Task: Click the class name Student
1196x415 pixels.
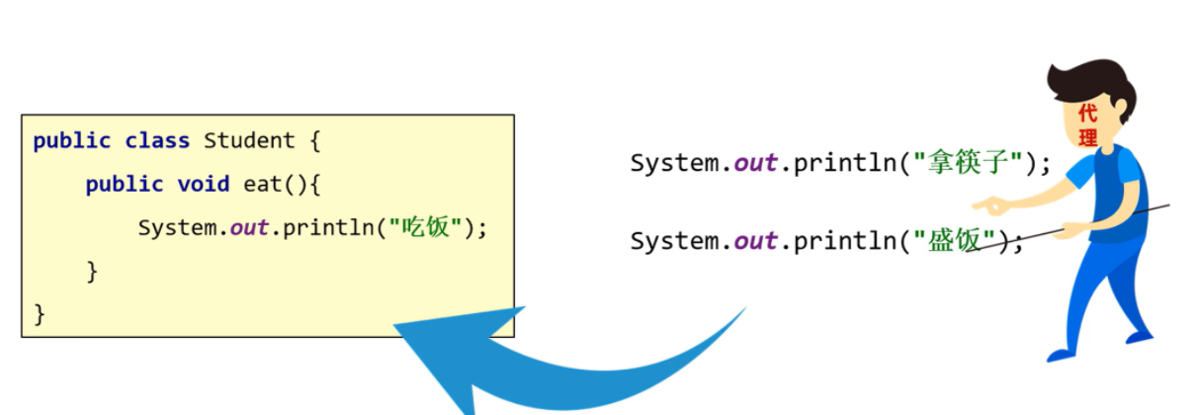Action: point(248,141)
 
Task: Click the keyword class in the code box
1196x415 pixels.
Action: point(157,141)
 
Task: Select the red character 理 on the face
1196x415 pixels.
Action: point(1087,138)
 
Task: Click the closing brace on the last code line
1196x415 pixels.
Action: point(40,315)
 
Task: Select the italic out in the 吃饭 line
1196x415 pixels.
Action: point(249,228)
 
